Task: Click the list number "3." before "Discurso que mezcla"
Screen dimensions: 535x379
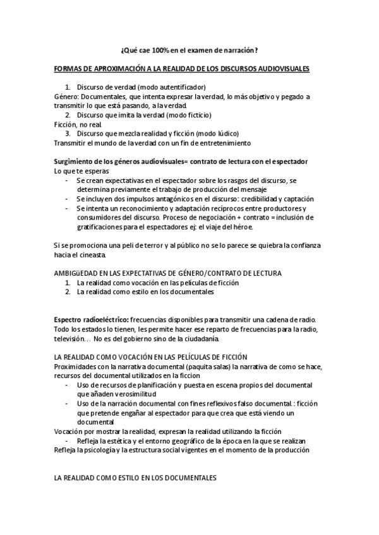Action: click(x=68, y=134)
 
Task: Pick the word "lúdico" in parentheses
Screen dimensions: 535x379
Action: click(x=227, y=134)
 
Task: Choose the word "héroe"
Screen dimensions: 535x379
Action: click(x=241, y=226)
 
